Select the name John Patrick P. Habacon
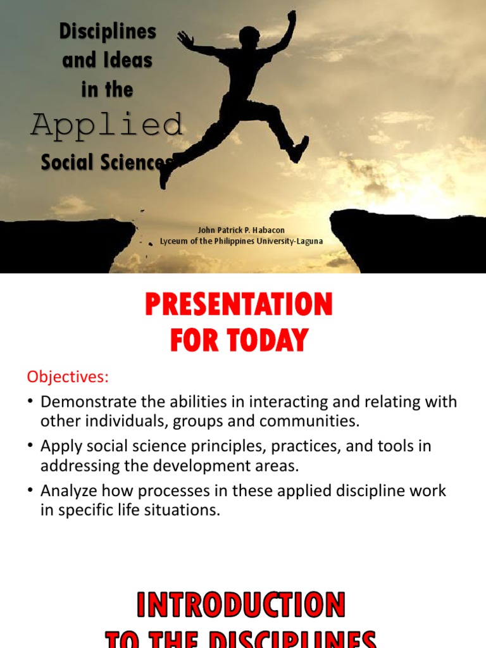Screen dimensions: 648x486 pyautogui.click(x=242, y=230)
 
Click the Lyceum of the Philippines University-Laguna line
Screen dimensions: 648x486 pyautogui.click(x=241, y=241)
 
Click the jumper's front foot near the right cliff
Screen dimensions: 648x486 pyautogui.click(x=299, y=149)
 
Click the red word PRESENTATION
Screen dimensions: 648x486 pyautogui.click(x=239, y=306)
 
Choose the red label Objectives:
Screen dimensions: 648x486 pyautogui.click(x=68, y=377)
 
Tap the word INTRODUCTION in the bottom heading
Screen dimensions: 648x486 pyautogui.click(x=241, y=605)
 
